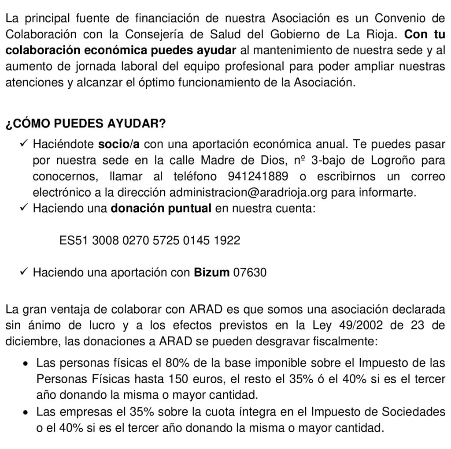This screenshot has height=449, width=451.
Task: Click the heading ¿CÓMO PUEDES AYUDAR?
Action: pos(85,124)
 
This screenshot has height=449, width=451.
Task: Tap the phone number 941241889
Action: pos(259,176)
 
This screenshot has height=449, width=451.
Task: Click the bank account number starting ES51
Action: pos(150,240)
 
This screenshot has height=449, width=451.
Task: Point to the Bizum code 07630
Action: pos(250,273)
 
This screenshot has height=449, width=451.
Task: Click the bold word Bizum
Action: pos(212,273)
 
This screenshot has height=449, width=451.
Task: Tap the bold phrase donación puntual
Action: pos(161,209)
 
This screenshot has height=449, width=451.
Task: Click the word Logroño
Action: pos(380,160)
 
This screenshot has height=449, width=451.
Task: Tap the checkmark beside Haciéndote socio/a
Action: pos(25,144)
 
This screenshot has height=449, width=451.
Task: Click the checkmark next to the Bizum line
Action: pos(25,273)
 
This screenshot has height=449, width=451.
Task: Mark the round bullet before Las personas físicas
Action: pos(26,363)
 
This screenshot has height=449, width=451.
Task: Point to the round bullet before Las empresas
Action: pos(26,412)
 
